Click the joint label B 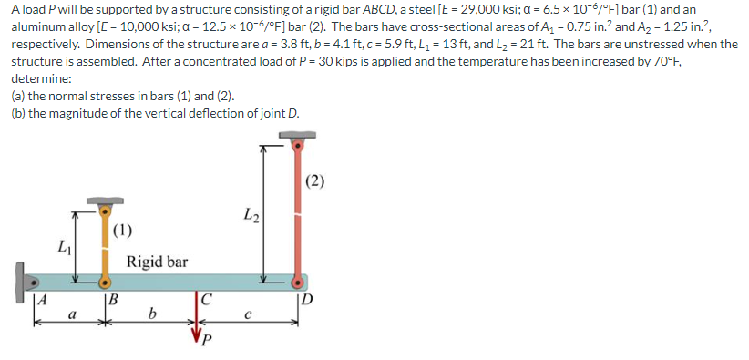(x=111, y=298)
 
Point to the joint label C (x=206, y=298)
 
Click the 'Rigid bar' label (x=157, y=262)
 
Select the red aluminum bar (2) (x=296, y=210)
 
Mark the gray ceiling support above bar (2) (x=296, y=138)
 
